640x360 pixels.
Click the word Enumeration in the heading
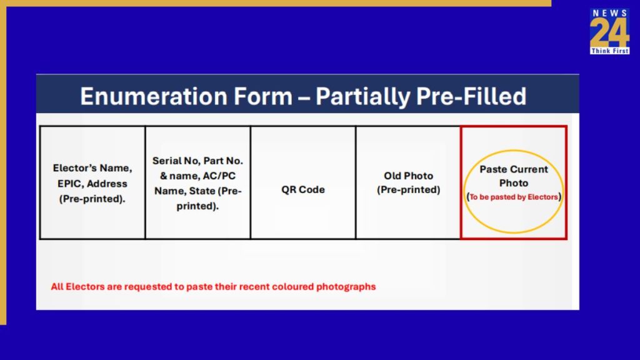(x=153, y=96)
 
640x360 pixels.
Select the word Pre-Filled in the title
(x=471, y=96)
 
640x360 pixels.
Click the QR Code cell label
(x=303, y=189)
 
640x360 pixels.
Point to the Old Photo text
(x=408, y=176)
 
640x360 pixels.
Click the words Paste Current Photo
(x=514, y=176)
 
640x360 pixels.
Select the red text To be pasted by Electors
(x=514, y=197)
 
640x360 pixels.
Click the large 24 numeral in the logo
(x=609, y=33)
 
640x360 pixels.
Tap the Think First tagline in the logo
(x=610, y=51)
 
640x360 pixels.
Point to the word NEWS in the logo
(x=610, y=14)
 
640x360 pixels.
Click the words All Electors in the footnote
(x=72, y=286)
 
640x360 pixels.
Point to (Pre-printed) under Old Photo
(x=408, y=190)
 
